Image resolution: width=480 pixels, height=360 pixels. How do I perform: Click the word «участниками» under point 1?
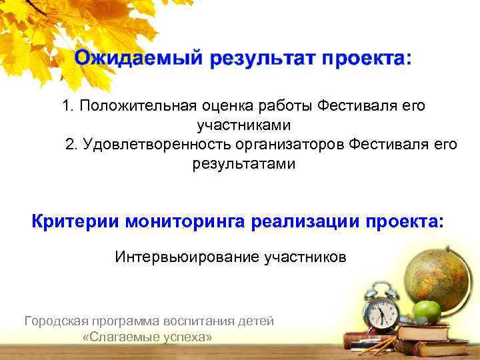click(x=243, y=125)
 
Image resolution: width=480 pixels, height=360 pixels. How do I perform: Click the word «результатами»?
click(x=243, y=163)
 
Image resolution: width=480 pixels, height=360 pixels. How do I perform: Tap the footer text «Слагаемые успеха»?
click(x=147, y=337)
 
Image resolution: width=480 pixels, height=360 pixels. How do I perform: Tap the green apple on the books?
click(x=427, y=311)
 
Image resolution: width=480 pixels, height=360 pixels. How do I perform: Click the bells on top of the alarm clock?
click(x=377, y=289)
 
